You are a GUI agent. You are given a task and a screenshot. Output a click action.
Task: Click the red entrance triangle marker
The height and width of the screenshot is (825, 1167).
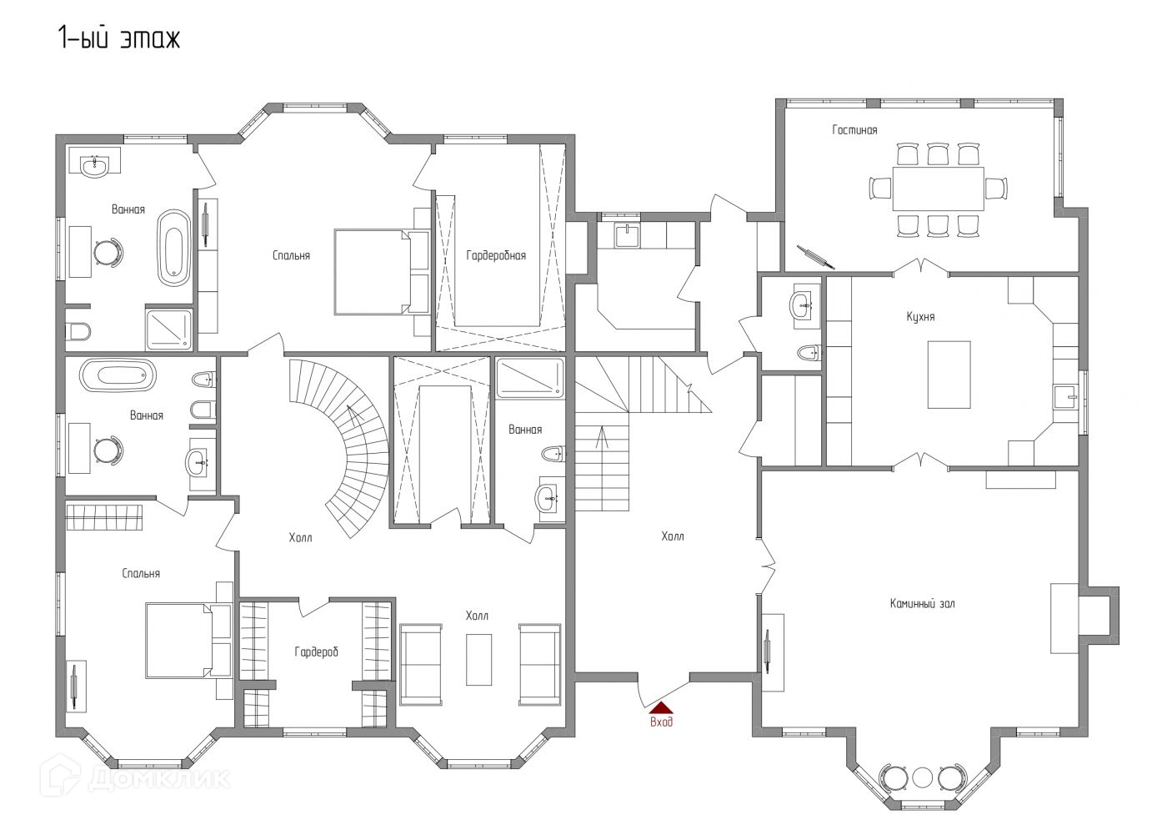coord(660,707)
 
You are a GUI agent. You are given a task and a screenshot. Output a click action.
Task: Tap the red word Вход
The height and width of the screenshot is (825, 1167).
coord(661,722)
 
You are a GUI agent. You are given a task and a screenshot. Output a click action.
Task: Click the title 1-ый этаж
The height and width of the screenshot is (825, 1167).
coord(119,38)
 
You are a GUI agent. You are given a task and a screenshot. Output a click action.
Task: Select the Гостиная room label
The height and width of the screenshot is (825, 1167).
coord(854,130)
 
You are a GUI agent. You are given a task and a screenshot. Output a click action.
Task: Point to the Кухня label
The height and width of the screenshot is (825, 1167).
coord(920,316)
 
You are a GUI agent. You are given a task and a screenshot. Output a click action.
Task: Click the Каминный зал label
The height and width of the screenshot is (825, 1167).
coord(922,603)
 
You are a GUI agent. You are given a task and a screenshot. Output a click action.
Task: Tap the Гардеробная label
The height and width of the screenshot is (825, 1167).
coord(496,255)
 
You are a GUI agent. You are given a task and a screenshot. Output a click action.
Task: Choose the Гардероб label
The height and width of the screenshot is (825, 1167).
coord(316,651)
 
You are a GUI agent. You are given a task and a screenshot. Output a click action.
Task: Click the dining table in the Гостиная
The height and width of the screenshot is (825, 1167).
coord(938,189)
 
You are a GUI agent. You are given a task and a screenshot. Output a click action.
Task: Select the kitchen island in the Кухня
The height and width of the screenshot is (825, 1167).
coord(949,375)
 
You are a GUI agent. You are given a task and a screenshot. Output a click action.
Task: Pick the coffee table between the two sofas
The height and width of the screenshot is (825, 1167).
coord(478,660)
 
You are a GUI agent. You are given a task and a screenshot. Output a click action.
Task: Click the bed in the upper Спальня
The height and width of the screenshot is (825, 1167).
coord(381,272)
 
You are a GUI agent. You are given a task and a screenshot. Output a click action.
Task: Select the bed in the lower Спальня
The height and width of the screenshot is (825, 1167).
coord(188,641)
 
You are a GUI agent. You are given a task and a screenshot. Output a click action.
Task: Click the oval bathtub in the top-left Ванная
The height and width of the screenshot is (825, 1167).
coord(174,249)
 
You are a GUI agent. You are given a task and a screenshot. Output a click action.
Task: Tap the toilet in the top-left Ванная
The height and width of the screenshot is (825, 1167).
coord(78,331)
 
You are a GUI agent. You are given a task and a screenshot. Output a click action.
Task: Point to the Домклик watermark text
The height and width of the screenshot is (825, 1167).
coord(159,779)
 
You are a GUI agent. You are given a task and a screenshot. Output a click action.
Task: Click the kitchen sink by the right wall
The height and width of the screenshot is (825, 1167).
coord(1065,398)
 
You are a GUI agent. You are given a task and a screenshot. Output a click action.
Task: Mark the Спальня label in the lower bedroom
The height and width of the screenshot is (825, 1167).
coord(141,574)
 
